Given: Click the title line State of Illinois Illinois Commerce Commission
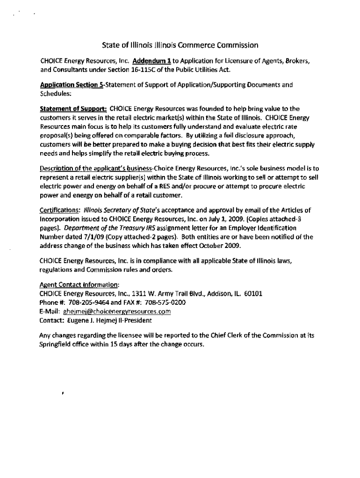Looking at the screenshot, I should click(x=180, y=45).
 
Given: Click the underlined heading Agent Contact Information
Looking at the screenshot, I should click(x=79, y=284).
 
